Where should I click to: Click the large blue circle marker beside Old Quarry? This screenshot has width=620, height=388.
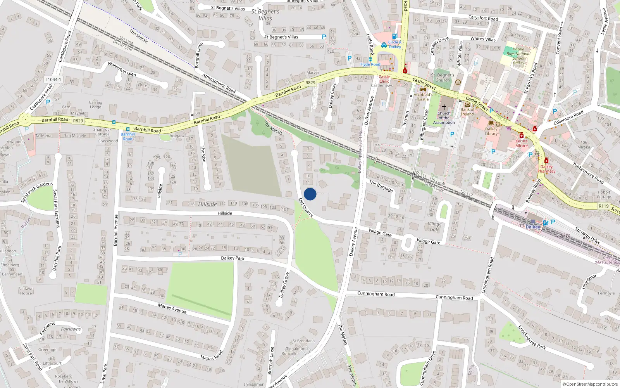(310, 194)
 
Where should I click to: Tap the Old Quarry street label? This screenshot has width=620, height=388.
(306, 207)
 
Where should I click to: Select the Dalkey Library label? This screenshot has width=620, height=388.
(491, 131)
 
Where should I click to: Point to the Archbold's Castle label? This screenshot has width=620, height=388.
(423, 97)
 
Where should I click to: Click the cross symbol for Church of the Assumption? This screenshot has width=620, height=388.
(444, 107)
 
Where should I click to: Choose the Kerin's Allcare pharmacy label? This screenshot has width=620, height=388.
(522, 143)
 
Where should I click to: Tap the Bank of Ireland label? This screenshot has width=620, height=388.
(467, 112)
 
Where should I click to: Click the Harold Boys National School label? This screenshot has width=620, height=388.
(518, 56)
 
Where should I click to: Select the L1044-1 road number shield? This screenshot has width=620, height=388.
(53, 80)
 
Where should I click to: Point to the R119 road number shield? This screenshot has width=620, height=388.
(603, 206)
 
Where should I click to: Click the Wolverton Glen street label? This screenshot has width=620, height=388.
(122, 69)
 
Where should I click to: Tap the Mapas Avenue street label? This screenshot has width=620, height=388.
(172, 308)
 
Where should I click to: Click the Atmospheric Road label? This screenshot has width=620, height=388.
(219, 83)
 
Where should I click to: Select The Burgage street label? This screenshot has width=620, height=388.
(381, 186)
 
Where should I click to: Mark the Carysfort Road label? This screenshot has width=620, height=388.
(483, 18)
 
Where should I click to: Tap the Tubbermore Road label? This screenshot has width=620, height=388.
(588, 173)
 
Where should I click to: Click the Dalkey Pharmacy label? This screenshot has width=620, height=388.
(546, 169)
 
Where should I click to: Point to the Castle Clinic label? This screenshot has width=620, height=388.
(384, 79)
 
